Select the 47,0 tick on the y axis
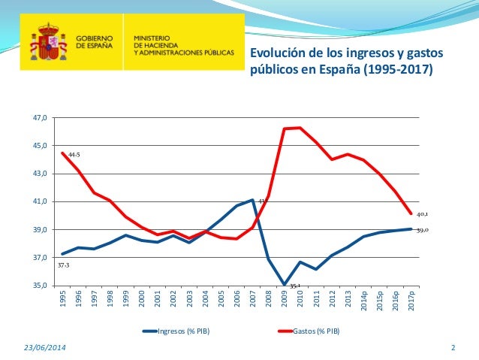pyautogui.click(x=39, y=118)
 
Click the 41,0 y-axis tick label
pyautogui.click(x=39, y=202)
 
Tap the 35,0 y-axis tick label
pyautogui.click(x=39, y=286)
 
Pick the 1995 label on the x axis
pyautogui.click(x=62, y=300)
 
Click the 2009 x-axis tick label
pyautogui.click(x=284, y=300)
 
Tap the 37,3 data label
pyautogui.click(x=62, y=265)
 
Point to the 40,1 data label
pyautogui.click(x=423, y=213)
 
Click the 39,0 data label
pyautogui.click(x=423, y=229)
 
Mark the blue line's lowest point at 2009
pyautogui.click(x=284, y=285)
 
